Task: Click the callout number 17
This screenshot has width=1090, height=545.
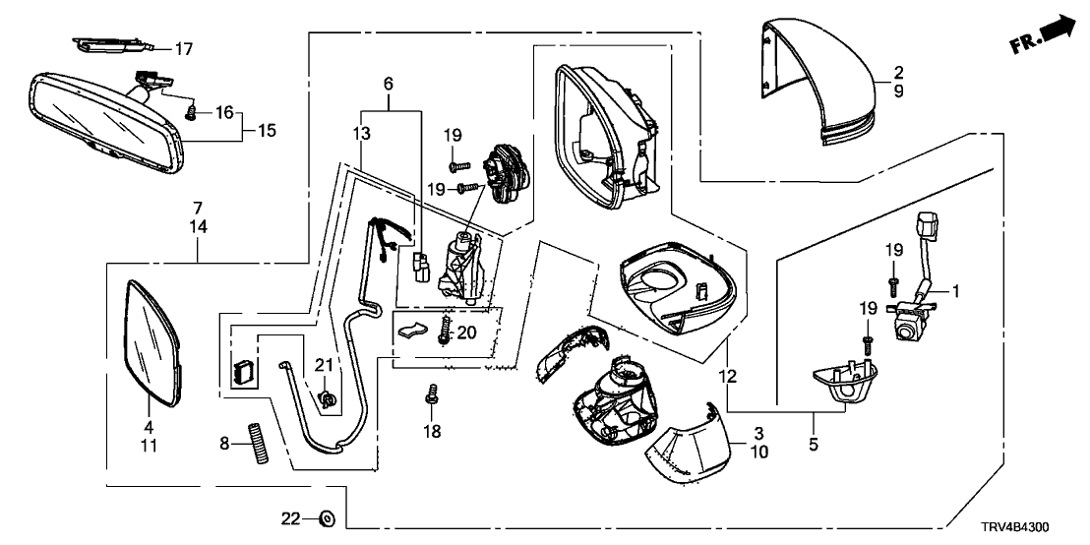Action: (x=185, y=47)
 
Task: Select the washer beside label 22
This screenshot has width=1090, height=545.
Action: (x=327, y=518)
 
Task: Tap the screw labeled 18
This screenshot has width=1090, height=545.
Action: (x=431, y=398)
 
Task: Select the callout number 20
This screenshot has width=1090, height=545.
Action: (x=467, y=333)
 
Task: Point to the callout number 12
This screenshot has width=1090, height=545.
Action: (x=727, y=376)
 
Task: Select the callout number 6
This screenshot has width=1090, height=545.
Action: (x=388, y=86)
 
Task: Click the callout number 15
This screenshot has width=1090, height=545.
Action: (x=264, y=128)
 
